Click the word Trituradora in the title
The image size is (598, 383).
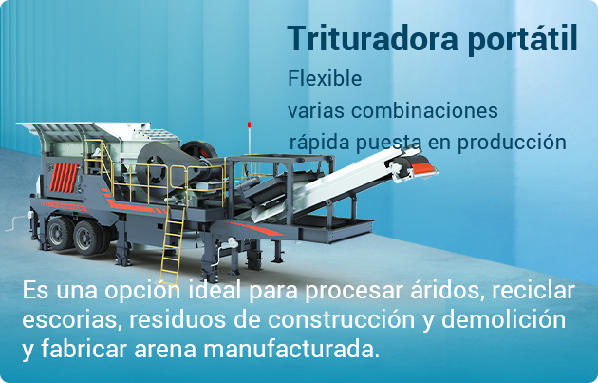click(372, 38)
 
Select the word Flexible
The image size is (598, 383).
click(325, 78)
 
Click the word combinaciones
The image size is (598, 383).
click(424, 111)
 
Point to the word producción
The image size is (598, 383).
click(512, 143)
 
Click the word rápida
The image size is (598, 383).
click(320, 143)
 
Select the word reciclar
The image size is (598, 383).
click(533, 290)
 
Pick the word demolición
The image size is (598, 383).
click(503, 319)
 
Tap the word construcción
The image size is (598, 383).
click(341, 319)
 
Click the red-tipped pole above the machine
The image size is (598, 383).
click(249, 138)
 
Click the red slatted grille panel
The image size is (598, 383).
click(64, 178)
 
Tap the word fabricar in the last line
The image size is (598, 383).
click(84, 349)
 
